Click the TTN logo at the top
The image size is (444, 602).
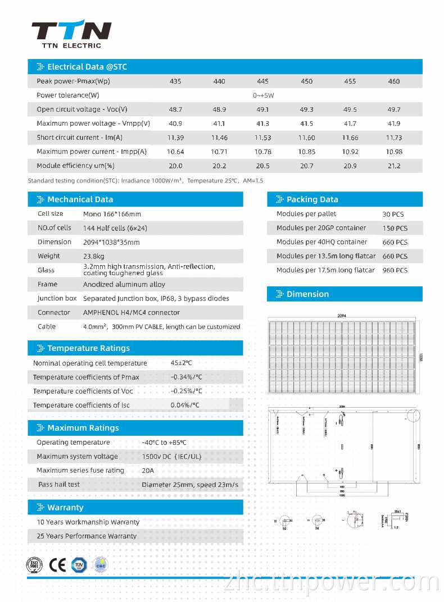point(71,30)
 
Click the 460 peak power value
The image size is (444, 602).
point(394,81)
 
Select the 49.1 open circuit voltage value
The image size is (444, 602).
point(262,110)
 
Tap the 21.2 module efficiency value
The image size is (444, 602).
point(394,166)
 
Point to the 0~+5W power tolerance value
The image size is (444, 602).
point(262,95)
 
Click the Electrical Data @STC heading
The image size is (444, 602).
point(87,67)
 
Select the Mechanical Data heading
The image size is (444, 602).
point(80,199)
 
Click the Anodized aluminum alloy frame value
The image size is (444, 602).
point(124,285)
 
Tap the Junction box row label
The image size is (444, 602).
point(57,299)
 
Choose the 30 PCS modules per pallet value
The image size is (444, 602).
point(393,215)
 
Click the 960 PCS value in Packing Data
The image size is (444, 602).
point(395,271)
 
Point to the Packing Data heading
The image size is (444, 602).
point(312,199)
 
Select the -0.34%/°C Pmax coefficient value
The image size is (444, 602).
point(186,377)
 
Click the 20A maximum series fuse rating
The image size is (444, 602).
point(148,471)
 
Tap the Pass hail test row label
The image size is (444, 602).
point(59,485)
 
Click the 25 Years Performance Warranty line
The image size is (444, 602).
point(87,536)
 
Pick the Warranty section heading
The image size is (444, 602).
point(65,508)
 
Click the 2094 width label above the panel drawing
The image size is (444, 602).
point(342,316)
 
